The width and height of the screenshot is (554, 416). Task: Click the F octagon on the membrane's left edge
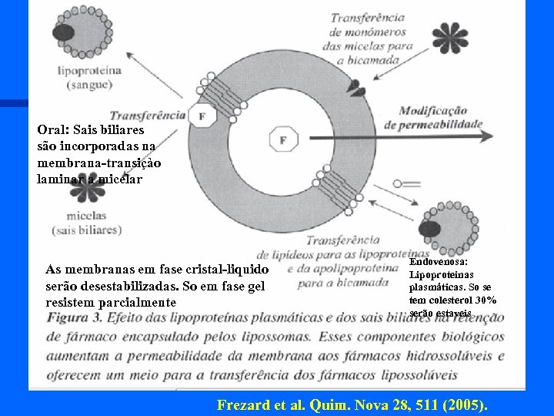coord(202,116)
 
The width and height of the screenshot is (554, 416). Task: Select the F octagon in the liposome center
coord(282,140)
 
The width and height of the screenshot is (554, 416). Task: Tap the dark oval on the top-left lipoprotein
coord(64,33)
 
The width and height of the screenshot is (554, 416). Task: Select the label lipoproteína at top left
coord(89,69)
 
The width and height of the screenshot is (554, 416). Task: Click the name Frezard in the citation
coord(242,404)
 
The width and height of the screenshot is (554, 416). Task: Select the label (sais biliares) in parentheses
coord(86,230)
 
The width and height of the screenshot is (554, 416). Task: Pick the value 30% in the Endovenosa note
coord(486,300)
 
